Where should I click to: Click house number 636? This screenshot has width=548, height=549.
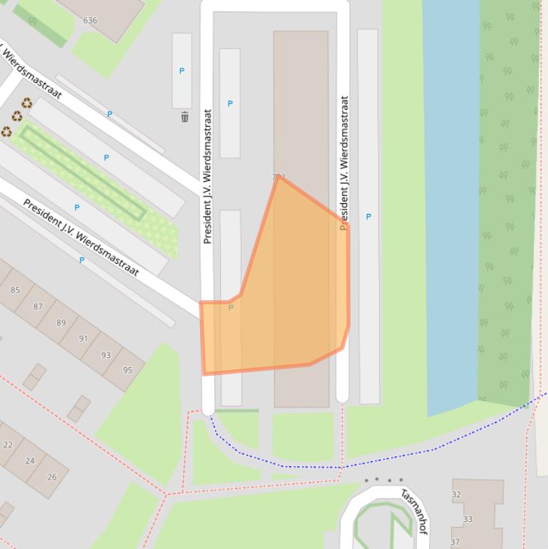tap(90, 21)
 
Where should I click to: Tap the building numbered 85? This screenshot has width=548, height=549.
tap(15, 289)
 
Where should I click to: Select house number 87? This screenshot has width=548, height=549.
tap(38, 307)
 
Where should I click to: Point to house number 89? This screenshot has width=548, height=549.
tap(61, 323)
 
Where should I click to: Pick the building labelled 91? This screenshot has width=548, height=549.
tap(83, 339)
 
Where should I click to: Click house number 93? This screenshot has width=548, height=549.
tap(106, 355)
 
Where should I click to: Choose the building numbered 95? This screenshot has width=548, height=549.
tap(128, 370)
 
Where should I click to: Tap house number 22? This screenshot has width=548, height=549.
tap(8, 445)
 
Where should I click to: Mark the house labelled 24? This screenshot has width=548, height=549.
tap(30, 461)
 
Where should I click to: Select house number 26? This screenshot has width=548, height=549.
tap(52, 477)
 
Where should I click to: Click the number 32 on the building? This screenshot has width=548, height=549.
tap(456, 495)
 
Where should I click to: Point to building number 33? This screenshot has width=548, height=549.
tap(467, 519)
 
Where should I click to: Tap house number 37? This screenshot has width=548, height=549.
tap(455, 543)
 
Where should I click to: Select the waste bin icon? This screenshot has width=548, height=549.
tap(185, 117)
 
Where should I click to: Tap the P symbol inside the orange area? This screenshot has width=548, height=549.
tap(230, 308)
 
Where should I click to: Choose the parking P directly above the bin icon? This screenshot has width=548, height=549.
tap(182, 71)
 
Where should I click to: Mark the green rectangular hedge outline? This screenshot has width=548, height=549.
tap(83, 172)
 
